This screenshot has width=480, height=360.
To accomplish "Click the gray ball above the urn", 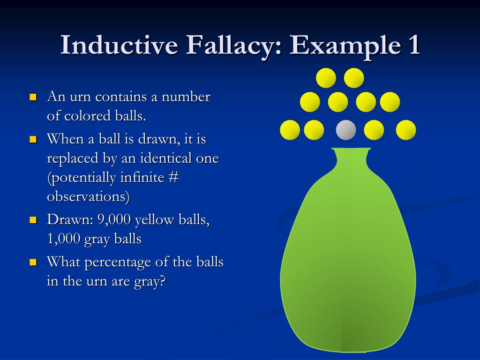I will point(346,130).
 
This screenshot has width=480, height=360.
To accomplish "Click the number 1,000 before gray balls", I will point(64,239).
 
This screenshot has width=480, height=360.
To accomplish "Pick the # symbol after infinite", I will point(173,178).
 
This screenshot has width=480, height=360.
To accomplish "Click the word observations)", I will point(88,197).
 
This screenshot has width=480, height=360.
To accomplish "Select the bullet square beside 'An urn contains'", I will point(33,97).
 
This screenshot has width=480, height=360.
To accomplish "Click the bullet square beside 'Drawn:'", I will point(33,220).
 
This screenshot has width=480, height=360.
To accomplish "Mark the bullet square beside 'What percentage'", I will point(33,262).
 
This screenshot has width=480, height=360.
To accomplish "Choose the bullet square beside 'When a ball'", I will point(33,140).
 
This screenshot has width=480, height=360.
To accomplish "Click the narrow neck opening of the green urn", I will point(351,151).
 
